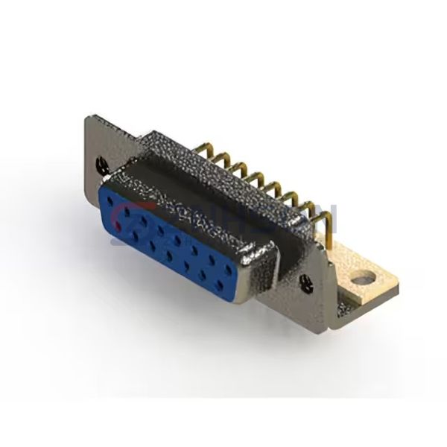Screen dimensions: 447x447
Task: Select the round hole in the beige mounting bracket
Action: click(363, 281)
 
